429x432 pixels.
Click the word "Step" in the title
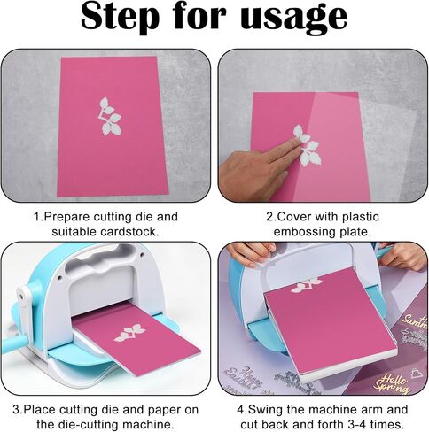120,16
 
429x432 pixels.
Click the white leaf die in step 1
110,117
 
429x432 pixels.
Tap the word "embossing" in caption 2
305,232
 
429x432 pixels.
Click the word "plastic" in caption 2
360,217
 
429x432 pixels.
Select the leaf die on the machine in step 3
129,333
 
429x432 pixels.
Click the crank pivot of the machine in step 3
21,296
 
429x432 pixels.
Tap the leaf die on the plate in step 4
306,285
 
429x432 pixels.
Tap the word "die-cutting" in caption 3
113,425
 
